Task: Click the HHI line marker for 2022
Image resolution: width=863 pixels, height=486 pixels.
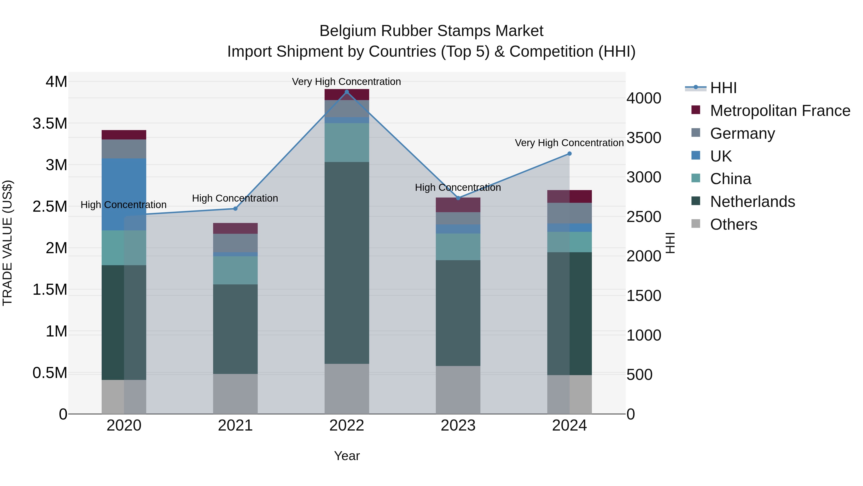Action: [x=347, y=92]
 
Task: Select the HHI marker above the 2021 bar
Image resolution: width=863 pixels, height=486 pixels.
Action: [x=235, y=209]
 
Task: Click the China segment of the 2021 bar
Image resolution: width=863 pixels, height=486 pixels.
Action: [x=235, y=270]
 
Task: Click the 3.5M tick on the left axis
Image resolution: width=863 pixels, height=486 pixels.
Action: [x=50, y=123]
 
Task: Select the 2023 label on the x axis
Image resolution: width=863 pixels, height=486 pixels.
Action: [x=458, y=426]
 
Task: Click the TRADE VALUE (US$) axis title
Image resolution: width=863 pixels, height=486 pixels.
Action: [x=7, y=243]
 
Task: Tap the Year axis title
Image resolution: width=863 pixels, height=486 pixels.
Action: [x=347, y=456]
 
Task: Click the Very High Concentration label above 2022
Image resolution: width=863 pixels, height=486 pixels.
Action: [x=346, y=82]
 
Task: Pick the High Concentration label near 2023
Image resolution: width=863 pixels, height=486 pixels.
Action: [x=458, y=187]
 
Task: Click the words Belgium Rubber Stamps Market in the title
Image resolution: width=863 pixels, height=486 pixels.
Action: [x=431, y=31]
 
